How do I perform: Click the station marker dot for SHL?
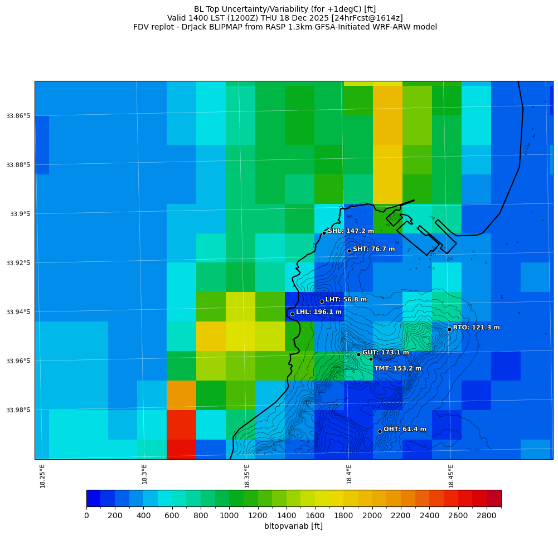tap(324, 233)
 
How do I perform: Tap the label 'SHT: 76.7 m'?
tap(373, 249)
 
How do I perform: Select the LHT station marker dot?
tap(322, 301)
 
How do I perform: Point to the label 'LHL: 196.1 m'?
tap(319, 312)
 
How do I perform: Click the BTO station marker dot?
tap(449, 329)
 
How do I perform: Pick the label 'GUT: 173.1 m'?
tap(385, 353)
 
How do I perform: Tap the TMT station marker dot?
tap(371, 359)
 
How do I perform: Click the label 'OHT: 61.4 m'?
tap(405, 429)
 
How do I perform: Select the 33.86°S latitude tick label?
tap(18, 116)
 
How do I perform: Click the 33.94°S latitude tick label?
tap(18, 312)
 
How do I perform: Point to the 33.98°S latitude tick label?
tap(18, 410)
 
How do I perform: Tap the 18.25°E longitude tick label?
tap(42, 476)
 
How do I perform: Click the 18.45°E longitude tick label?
tap(450, 476)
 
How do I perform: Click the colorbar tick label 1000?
tap(229, 515)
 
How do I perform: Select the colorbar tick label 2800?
tap(487, 515)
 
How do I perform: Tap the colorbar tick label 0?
tap(86, 515)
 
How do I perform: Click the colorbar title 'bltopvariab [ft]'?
tap(293, 526)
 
